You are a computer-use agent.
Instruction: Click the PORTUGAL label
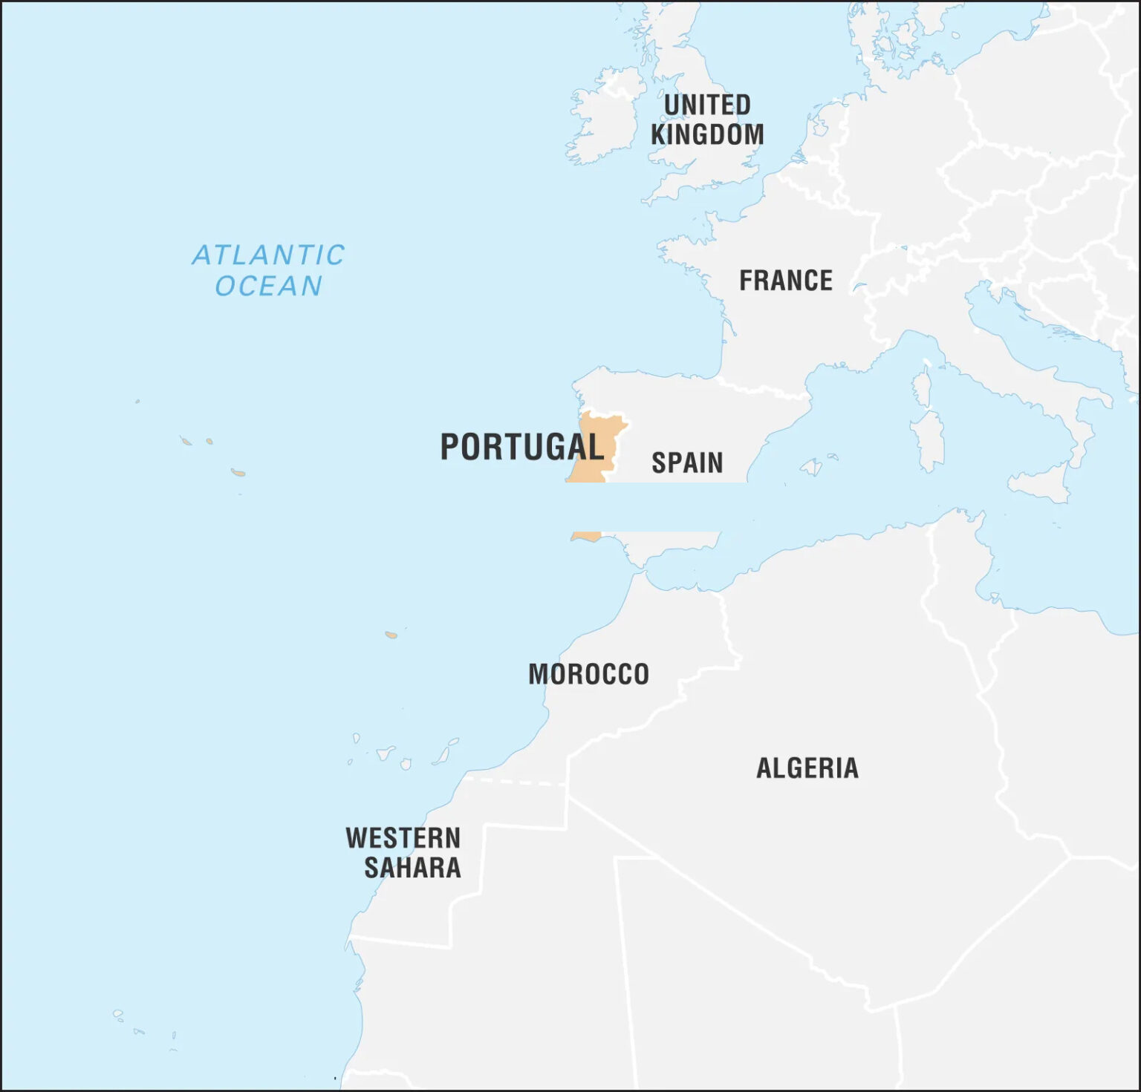[521, 447]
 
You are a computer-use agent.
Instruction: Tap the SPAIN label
[687, 463]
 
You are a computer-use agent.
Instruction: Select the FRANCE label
[785, 281]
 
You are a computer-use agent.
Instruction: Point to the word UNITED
[706, 105]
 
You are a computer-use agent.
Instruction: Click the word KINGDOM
[706, 135]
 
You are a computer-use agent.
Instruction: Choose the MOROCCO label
[588, 675]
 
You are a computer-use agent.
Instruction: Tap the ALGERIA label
[807, 768]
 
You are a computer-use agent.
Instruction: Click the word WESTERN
[403, 839]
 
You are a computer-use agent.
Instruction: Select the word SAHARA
[412, 868]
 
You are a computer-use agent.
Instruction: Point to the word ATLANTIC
[268, 255]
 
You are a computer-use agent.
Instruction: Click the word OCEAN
[268, 286]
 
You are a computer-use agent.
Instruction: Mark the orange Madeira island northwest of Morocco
[391, 635]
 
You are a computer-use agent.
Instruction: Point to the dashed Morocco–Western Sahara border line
[516, 782]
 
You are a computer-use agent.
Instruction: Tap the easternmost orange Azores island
[238, 472]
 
